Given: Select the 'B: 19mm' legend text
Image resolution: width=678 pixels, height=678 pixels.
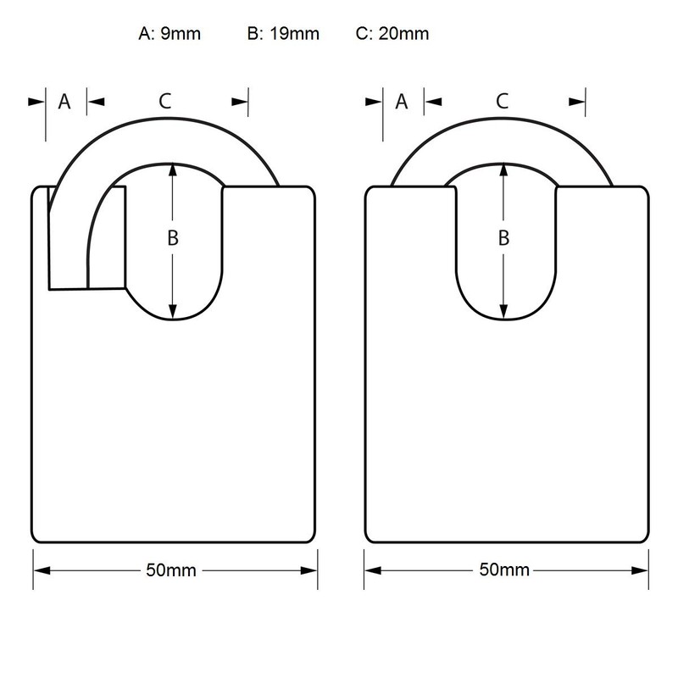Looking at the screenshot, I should (282, 35).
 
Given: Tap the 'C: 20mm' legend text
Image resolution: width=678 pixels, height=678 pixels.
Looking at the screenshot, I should (392, 35).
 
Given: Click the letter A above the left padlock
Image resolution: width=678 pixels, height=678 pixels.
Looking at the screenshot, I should (64, 102).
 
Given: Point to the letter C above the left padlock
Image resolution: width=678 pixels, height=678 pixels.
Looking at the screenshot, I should (166, 102).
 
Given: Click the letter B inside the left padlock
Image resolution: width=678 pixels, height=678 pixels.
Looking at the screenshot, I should (172, 239).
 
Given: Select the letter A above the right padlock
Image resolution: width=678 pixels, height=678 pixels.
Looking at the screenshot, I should (402, 102).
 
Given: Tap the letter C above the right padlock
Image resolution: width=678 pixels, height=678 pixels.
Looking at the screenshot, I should (503, 102).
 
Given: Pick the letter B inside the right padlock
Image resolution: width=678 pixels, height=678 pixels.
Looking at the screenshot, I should (503, 239).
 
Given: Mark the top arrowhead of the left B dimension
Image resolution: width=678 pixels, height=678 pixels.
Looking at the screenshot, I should (172, 170).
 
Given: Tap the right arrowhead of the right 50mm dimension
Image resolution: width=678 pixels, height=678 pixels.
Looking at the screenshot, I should (642, 570).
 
